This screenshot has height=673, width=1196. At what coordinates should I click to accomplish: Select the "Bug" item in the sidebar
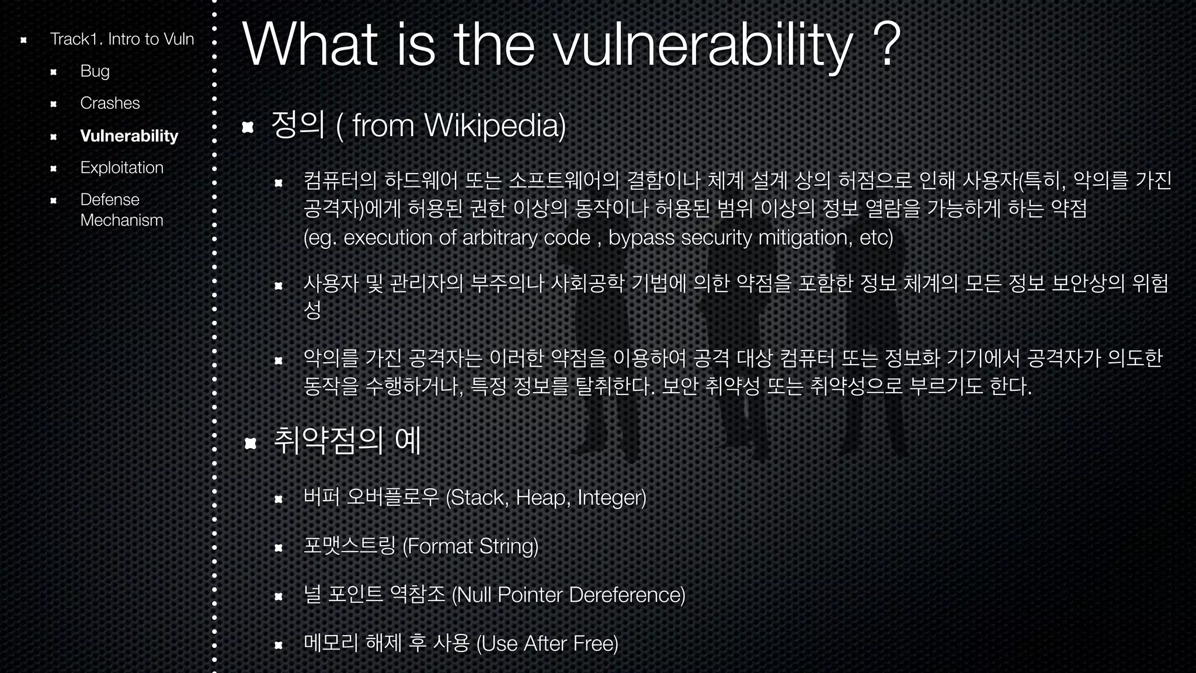(x=95, y=71)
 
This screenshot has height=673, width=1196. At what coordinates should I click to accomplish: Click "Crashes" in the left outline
(x=110, y=103)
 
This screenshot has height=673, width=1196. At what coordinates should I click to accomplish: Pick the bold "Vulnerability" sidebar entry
(x=129, y=136)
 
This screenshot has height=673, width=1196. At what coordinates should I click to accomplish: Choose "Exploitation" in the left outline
(x=121, y=168)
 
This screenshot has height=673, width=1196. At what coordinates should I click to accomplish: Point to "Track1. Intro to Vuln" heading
(x=121, y=39)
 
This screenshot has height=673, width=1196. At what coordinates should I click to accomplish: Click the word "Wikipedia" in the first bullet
(x=494, y=125)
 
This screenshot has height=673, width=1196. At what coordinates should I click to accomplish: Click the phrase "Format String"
(x=471, y=546)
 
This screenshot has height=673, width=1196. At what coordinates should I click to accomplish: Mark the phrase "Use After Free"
(x=548, y=643)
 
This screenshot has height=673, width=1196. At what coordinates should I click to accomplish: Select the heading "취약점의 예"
(x=347, y=441)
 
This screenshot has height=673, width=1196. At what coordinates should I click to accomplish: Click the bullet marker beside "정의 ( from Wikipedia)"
(x=248, y=127)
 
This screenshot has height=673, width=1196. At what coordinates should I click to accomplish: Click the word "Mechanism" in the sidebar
(x=121, y=220)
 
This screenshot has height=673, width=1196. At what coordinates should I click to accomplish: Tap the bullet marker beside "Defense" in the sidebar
(x=53, y=200)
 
